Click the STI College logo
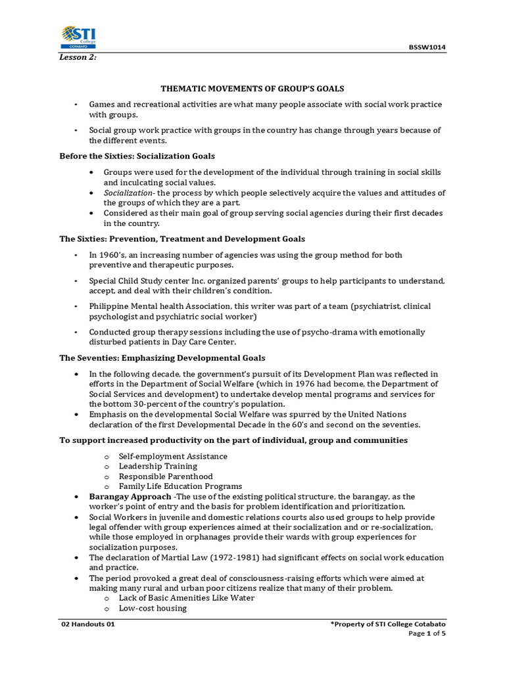point(78,37)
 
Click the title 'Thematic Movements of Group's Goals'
point(252,87)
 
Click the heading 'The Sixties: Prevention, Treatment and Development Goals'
point(182,239)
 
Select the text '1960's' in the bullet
point(114,254)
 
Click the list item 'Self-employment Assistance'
point(173,456)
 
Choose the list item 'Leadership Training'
point(158,466)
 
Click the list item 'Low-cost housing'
point(153,608)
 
